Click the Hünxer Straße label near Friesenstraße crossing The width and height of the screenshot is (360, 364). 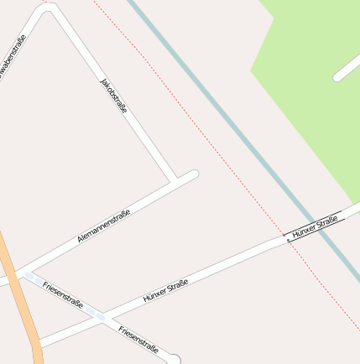pyautogui.click(x=164, y=291)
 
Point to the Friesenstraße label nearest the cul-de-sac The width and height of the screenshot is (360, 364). pyautogui.click(x=138, y=336)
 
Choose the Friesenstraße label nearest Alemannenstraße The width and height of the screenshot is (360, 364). pyautogui.click(x=62, y=294)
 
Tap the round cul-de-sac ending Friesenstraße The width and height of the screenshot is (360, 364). pyautogui.click(x=174, y=359)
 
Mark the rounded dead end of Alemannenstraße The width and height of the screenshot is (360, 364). pyautogui.click(x=193, y=174)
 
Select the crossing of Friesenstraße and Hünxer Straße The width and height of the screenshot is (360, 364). pyautogui.click(x=101, y=316)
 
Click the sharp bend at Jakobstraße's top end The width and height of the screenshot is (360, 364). pyautogui.click(x=49, y=8)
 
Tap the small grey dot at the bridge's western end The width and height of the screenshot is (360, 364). pyautogui.click(x=289, y=240)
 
